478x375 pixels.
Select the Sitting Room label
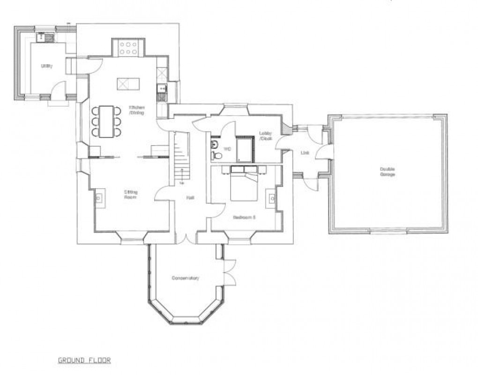[130, 195]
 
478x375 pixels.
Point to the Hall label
[190, 198]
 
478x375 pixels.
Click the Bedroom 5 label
[244, 217]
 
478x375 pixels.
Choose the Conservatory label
[185, 278]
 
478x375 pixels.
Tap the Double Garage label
[387, 171]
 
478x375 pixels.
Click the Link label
[305, 153]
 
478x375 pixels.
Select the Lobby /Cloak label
[266, 136]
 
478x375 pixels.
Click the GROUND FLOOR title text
[84, 360]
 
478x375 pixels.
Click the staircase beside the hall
[181, 157]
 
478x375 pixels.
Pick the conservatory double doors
[229, 271]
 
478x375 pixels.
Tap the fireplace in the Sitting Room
[100, 198]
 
